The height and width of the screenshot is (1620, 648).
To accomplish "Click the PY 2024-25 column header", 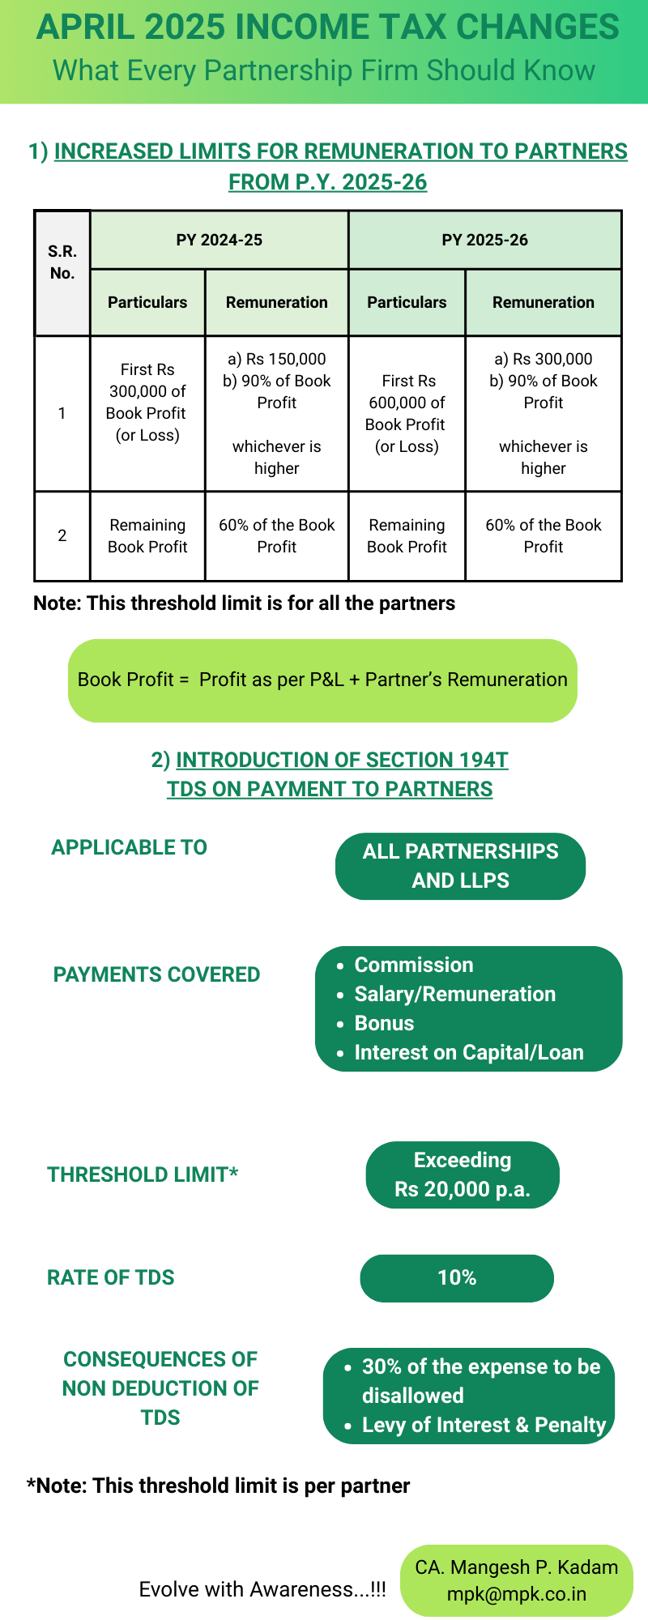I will (x=219, y=240).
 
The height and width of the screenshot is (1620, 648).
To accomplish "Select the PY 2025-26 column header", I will (x=484, y=240).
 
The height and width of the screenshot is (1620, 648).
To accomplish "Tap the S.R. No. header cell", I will (x=62, y=262).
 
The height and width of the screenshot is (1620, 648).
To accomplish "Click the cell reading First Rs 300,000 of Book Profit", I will (x=147, y=403).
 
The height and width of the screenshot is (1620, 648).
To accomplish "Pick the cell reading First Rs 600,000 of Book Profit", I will (x=406, y=414).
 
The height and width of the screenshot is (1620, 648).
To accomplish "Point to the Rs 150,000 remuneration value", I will (x=277, y=359).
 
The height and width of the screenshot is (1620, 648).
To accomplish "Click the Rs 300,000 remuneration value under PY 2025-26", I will (x=544, y=359).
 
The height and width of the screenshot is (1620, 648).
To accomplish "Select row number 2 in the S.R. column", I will (x=62, y=535).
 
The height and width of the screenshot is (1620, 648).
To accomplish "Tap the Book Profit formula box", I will (x=322, y=680).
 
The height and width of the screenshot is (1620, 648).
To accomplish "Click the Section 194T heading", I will (x=341, y=760).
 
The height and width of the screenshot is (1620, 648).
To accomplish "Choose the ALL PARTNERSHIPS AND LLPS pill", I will (x=460, y=866).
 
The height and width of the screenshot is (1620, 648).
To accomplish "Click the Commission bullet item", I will (x=414, y=965).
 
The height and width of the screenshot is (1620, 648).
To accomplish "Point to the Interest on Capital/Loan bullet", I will (x=469, y=1052).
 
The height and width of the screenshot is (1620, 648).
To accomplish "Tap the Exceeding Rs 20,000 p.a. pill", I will (x=463, y=1174).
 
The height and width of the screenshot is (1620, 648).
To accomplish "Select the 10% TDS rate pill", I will (x=457, y=1278).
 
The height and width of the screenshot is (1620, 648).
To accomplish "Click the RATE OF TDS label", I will (x=111, y=1277).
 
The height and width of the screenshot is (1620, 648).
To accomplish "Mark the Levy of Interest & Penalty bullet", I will (x=484, y=1425).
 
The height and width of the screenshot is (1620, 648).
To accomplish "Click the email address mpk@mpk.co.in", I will (x=517, y=1594).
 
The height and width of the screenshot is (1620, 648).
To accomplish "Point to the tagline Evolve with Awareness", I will (x=262, y=1589).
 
